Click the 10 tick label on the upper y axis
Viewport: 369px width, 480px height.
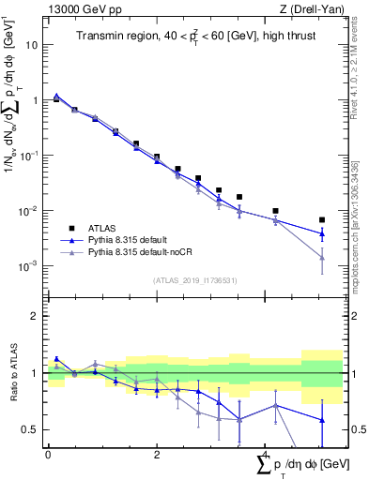[x=31, y=45]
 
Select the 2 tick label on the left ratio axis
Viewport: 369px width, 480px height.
[x=34, y=316]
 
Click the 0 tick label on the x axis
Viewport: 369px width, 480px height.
[x=48, y=454]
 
